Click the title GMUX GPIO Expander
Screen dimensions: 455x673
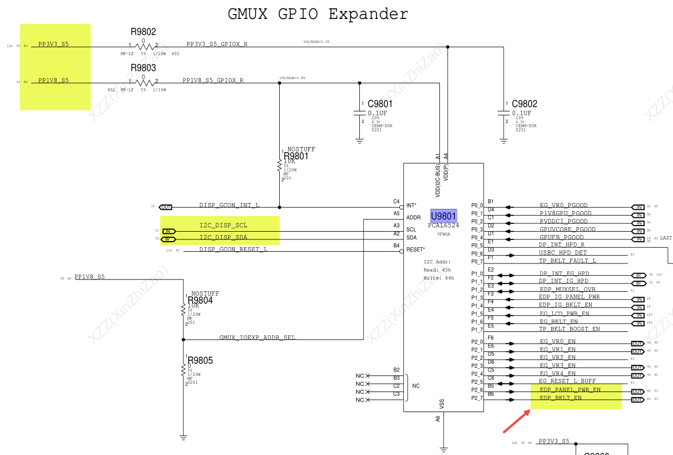pyautogui.click(x=318, y=14)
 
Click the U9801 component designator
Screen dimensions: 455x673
pyautogui.click(x=443, y=216)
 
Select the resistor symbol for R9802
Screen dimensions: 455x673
pyautogui.click(x=143, y=47)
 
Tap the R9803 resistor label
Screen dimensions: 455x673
pyautogui.click(x=143, y=68)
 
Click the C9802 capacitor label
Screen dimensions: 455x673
pyautogui.click(x=524, y=104)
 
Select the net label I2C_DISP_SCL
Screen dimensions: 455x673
pyautogui.click(x=223, y=226)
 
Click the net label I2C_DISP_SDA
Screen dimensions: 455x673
pyautogui.click(x=223, y=237)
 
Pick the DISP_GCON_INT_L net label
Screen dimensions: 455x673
pyautogui.click(x=229, y=206)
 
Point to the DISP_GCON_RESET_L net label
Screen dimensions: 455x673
pyautogui.click(x=233, y=249)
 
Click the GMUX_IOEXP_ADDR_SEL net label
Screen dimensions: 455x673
pyautogui.click(x=257, y=337)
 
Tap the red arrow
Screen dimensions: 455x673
pyautogui.click(x=516, y=421)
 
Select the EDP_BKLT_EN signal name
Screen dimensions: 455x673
pyautogui.click(x=560, y=398)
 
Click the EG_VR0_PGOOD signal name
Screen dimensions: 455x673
pyautogui.click(x=563, y=206)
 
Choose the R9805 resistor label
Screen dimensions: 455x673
pyautogui.click(x=200, y=360)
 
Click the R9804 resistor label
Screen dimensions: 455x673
pyautogui.click(x=200, y=301)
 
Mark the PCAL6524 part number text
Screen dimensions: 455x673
pyautogui.click(x=443, y=226)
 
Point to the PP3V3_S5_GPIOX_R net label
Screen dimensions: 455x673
pyautogui.click(x=217, y=44)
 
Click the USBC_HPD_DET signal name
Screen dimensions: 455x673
pyautogui.click(x=562, y=253)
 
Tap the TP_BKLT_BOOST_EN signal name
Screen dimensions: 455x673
pyautogui.click(x=569, y=329)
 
